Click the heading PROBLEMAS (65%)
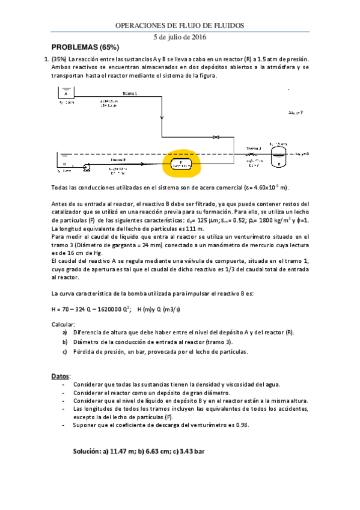coord(85,47)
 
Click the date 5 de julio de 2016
coord(180,37)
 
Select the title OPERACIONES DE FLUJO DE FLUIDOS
coord(180,25)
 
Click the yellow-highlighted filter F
coord(180,164)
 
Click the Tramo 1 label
coord(130,94)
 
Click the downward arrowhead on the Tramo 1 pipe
coord(162,118)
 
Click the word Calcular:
coord(64,325)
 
